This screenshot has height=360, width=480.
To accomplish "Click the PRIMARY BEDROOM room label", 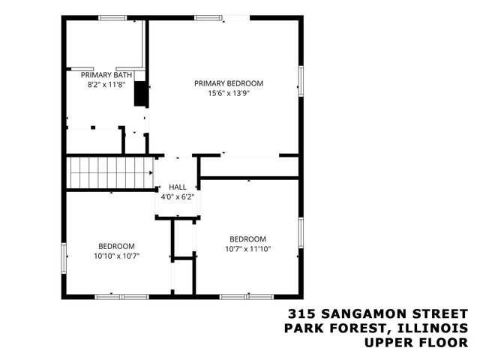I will (x=229, y=83).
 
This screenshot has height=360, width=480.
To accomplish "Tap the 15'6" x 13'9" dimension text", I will (x=229, y=94).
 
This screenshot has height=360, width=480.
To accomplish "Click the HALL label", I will (x=178, y=187).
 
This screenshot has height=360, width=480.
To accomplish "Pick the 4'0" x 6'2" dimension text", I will (x=178, y=197).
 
